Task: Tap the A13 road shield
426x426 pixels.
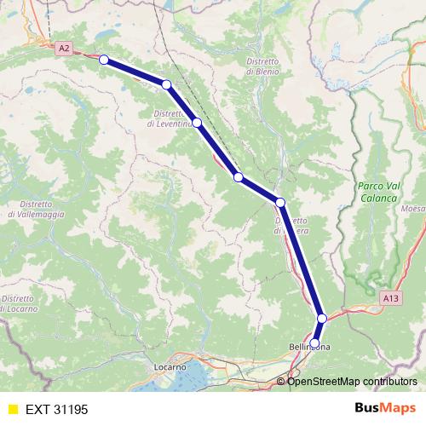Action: pyautogui.click(x=390, y=297)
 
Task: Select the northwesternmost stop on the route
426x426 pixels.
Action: pyautogui.click(x=104, y=60)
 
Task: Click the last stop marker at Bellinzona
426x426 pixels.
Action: pyautogui.click(x=314, y=343)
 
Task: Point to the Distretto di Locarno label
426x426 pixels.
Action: pyautogui.click(x=19, y=302)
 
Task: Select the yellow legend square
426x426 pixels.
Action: pyautogui.click(x=12, y=409)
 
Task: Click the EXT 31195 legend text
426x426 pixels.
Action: pyautogui.click(x=56, y=409)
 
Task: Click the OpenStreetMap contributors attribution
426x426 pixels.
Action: pyautogui.click(x=347, y=381)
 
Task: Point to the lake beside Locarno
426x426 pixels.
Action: pyautogui.click(x=199, y=376)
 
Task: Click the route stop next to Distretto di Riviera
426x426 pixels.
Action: pyautogui.click(x=279, y=202)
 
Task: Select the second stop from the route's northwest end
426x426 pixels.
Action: pyautogui.click(x=167, y=83)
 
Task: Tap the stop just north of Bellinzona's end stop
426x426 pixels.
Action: pyautogui.click(x=322, y=318)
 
